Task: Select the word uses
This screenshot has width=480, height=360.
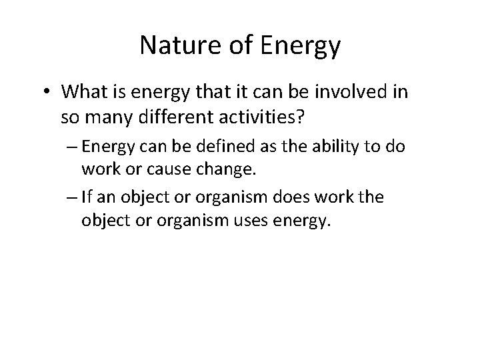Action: (x=251, y=221)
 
